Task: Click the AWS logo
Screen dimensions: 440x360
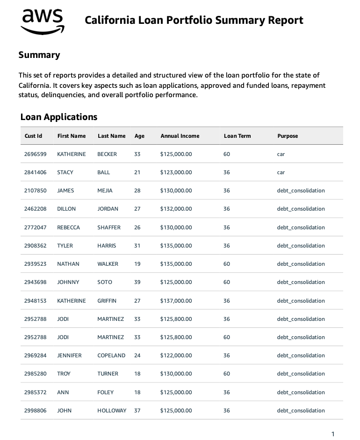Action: point(43,21)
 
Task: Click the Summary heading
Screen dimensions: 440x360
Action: point(39,55)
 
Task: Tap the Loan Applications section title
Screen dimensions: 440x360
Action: point(59,117)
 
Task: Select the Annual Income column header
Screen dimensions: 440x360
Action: point(180,136)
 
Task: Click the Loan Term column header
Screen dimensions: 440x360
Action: point(237,136)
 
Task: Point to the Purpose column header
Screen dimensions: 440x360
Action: point(287,136)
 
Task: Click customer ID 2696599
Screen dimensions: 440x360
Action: point(35,154)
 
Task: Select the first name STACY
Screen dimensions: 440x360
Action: point(65,172)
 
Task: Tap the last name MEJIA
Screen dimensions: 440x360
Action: point(105,191)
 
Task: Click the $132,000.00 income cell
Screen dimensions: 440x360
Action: point(176,209)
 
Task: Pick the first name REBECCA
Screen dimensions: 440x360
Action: point(68,227)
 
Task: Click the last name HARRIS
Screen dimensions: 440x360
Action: point(107,246)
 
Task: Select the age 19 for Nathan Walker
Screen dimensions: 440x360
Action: point(137,264)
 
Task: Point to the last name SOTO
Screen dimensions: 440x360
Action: point(105,282)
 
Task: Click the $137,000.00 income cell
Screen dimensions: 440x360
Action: point(176,301)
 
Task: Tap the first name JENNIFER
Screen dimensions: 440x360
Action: point(69,355)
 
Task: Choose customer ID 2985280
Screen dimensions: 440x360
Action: point(35,374)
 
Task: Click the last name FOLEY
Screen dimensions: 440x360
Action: point(105,392)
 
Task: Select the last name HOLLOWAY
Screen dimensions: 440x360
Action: point(112,411)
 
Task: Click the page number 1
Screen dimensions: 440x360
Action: point(333,434)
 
